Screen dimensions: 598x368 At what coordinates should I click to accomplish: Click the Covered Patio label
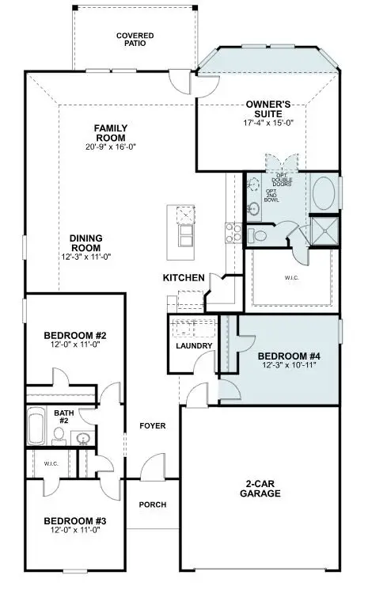click(135, 40)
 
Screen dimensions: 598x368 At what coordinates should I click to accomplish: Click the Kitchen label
click(184, 278)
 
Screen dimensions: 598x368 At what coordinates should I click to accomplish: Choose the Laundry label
click(194, 346)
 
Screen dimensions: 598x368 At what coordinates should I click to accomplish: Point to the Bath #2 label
click(63, 417)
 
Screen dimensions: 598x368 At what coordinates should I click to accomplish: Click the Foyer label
click(152, 426)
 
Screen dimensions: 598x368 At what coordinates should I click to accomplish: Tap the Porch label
click(152, 504)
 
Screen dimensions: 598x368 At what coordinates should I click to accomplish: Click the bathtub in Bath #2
click(36, 428)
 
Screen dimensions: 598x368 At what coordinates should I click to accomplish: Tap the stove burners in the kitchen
click(233, 232)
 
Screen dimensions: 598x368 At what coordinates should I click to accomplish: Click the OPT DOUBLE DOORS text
click(283, 178)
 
